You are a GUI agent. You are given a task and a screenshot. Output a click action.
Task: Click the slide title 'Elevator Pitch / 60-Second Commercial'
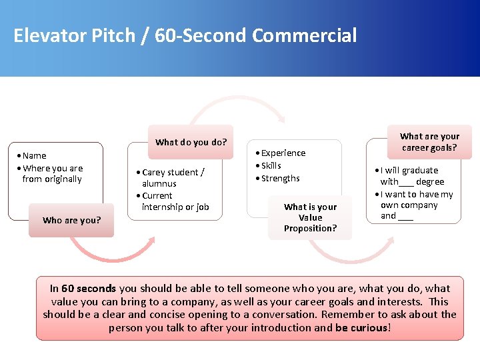[185, 35]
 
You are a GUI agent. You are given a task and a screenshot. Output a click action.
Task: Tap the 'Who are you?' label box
[71, 220]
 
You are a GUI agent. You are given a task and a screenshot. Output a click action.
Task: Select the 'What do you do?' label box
[191, 142]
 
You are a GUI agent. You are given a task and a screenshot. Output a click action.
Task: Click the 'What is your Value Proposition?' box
[310, 217]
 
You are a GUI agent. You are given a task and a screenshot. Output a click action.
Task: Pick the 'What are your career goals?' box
[429, 141]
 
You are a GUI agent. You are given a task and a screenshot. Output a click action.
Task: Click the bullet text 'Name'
[35, 155]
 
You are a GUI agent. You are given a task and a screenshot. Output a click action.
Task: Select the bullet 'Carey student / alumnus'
[173, 177]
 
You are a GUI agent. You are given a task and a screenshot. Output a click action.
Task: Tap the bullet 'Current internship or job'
[175, 201]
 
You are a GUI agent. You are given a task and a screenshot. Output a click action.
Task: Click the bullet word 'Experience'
[283, 153]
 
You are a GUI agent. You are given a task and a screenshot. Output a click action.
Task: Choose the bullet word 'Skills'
[271, 165]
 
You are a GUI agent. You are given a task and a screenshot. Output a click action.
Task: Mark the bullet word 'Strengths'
[280, 178]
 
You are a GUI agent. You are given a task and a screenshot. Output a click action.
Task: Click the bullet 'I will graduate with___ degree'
[411, 176]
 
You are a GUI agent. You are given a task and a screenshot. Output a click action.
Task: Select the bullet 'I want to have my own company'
[416, 200]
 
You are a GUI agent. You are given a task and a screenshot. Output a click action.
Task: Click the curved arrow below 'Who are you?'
[113, 252]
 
